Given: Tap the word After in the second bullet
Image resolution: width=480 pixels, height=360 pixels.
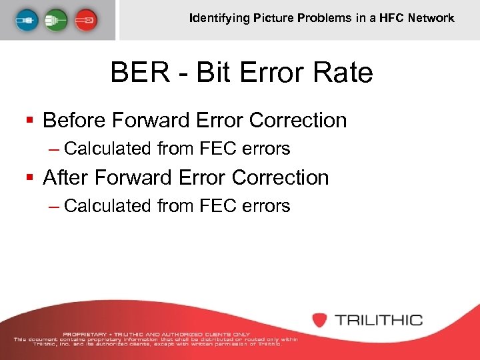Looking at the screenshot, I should click(65, 178).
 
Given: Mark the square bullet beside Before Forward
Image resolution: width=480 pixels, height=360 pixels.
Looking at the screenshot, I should click(29, 121).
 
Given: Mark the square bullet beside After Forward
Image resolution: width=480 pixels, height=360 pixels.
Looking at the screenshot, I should click(29, 178).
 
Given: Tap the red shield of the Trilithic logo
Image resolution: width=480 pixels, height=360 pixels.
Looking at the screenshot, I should click(321, 320).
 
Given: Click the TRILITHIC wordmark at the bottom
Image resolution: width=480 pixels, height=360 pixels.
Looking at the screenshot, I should click(379, 320).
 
